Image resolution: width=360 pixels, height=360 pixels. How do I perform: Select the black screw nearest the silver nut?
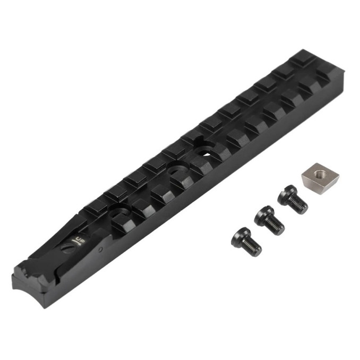point(292,199)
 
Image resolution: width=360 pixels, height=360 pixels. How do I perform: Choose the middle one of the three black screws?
point(269,219)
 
